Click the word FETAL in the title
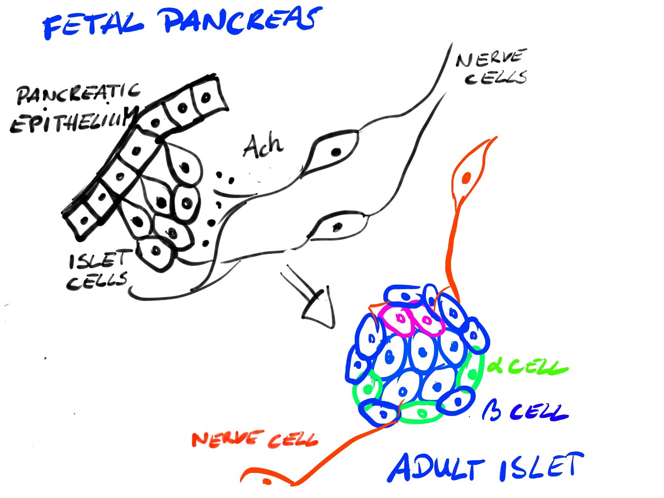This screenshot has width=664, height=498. coord(94,25)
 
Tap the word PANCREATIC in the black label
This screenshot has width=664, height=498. coord(78,94)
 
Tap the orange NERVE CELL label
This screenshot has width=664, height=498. coord(255,439)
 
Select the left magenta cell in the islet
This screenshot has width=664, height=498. coord(399,319)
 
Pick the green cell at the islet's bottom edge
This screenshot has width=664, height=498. coord(421,413)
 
